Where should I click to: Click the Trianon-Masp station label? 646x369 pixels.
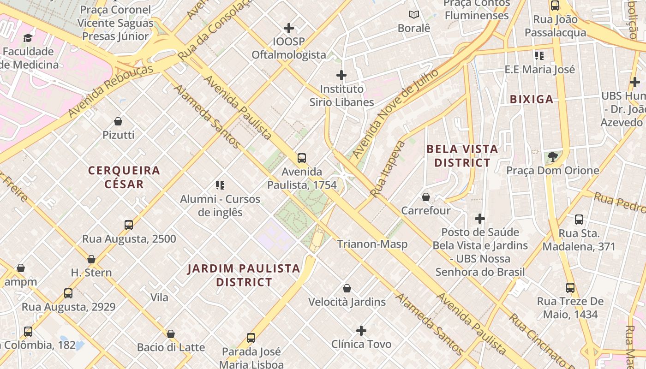[x=372, y=244]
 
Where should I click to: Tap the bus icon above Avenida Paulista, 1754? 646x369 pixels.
[x=302, y=158]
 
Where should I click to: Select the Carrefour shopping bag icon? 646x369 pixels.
[x=426, y=197]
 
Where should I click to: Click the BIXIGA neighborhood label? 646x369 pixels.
[x=532, y=99]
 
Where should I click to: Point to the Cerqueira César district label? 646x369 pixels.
[x=124, y=177]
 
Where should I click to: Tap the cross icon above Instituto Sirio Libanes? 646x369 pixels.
[x=341, y=75]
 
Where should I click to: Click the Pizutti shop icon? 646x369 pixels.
[x=118, y=121]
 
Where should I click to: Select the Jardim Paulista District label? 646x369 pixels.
[x=244, y=275]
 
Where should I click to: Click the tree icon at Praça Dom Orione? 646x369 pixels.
[x=552, y=157]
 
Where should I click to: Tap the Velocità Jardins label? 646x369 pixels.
[x=347, y=302]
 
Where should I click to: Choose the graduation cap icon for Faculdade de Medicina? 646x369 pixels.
[x=28, y=38]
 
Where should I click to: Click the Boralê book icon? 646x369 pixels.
[x=414, y=15]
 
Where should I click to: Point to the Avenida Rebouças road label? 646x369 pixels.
[x=111, y=90]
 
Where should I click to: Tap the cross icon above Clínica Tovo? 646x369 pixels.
[x=361, y=331]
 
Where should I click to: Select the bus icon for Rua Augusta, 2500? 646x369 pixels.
[x=129, y=225]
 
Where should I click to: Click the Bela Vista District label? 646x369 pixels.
[x=462, y=156]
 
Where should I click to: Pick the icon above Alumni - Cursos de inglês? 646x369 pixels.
[x=220, y=185]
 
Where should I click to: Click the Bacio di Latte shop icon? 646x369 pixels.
[x=171, y=334]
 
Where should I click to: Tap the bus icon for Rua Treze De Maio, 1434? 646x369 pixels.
[x=570, y=288]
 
